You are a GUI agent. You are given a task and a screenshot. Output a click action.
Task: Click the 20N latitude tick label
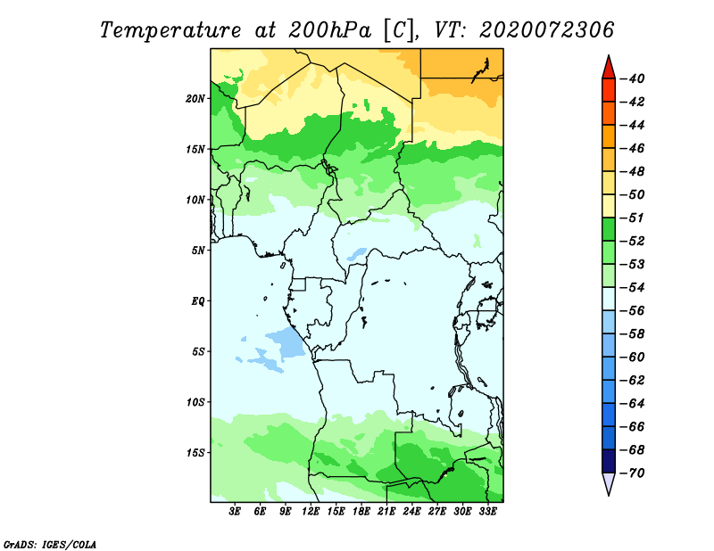point(195,99)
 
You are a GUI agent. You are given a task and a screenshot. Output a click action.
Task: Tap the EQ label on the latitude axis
point(198,301)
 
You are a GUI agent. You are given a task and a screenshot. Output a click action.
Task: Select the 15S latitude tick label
point(195,453)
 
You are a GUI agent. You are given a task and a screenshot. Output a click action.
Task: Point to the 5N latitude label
point(198,251)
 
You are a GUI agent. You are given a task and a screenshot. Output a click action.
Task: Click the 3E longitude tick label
point(235,512)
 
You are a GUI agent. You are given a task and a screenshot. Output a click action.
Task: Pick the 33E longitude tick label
point(487,512)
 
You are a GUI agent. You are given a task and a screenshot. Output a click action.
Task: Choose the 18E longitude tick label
point(361,512)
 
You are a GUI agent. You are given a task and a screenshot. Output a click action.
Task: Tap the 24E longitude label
point(411,512)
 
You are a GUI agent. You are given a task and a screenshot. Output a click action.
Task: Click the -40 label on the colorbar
point(632,78)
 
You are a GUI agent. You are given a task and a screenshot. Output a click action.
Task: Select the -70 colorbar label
point(632,473)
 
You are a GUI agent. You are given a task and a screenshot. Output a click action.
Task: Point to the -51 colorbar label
point(632,218)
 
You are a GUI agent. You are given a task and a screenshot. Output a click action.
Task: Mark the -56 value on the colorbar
point(632,311)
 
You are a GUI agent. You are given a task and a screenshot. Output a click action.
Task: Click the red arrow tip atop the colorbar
point(609,55)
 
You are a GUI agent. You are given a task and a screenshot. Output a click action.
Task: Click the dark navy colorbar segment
point(609,461)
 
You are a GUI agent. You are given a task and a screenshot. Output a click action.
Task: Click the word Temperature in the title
point(170,30)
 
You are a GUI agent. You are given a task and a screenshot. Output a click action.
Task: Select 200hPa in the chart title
point(329,30)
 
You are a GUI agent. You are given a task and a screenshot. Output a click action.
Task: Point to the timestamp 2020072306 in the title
point(546,30)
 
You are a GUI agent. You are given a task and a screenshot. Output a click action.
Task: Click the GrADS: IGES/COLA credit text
point(50,545)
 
